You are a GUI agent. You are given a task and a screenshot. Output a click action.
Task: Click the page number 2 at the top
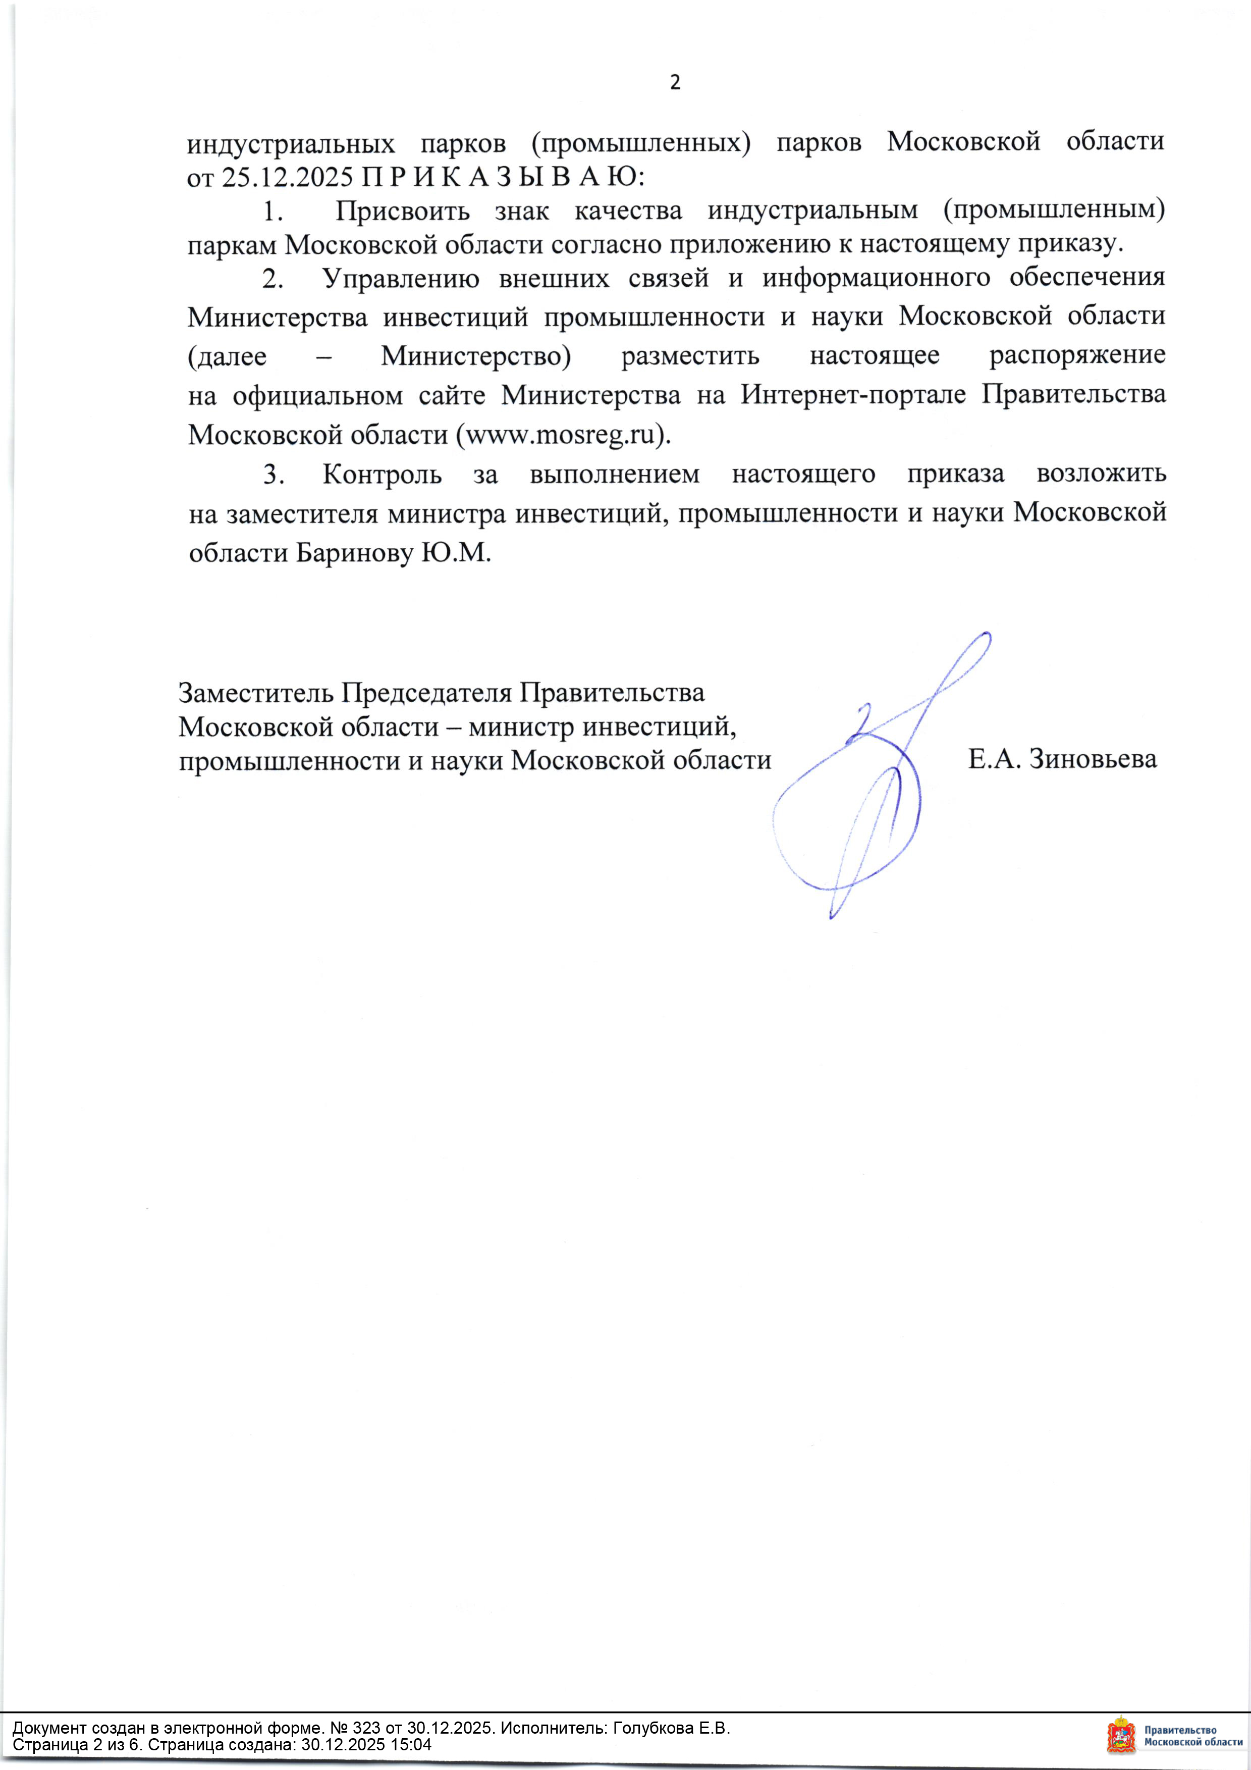pos(675,82)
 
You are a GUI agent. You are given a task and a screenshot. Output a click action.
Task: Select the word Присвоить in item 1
pos(402,211)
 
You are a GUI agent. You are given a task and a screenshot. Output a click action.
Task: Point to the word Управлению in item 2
pos(401,278)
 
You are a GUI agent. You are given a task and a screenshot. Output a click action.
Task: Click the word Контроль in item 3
pos(382,474)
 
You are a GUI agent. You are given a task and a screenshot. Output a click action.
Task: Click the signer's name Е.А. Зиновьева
pos(1062,759)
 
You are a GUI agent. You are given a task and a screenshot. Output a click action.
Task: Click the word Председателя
pos(426,693)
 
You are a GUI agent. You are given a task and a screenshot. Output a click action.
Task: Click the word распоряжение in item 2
pos(1077,355)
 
